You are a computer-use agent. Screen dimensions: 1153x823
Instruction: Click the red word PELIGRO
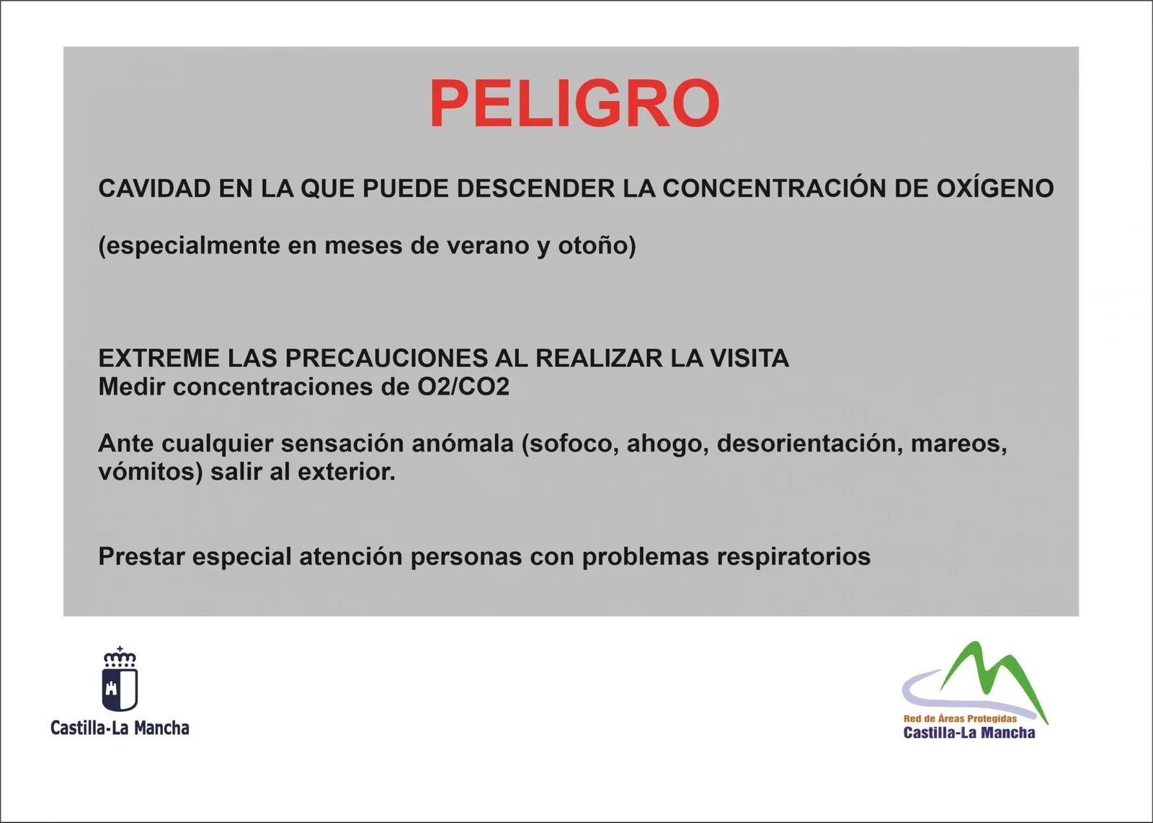[574, 103]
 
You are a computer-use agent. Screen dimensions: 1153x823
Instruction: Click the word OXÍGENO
[994, 188]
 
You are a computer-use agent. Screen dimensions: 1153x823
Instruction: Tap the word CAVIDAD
[154, 188]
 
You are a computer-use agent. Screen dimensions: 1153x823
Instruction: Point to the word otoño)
[597, 245]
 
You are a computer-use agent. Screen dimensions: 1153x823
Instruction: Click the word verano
[488, 246]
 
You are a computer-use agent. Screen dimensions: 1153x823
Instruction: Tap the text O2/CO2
[463, 387]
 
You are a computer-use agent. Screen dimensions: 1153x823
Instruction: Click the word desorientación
[810, 444]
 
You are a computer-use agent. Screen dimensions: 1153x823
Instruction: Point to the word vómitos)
[151, 472]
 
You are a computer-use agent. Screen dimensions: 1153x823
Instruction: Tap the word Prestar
[141, 557]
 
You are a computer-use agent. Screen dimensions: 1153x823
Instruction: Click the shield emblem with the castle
[120, 689]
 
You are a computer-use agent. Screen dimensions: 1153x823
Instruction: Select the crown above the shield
[120, 657]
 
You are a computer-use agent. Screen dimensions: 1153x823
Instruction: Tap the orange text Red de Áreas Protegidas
[961, 718]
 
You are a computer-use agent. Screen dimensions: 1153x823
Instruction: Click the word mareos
[959, 445]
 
